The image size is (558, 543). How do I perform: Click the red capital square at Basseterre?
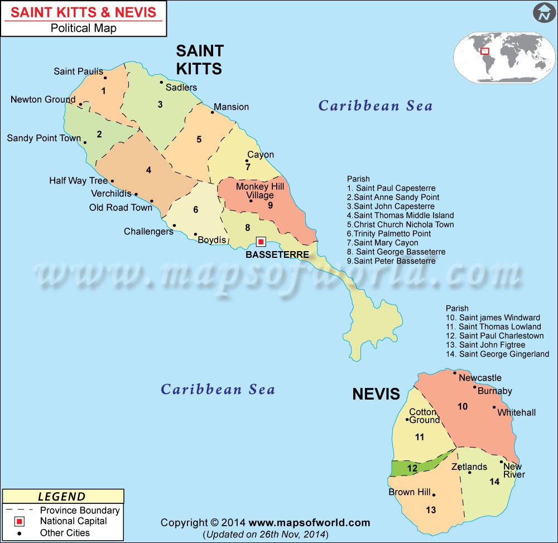(261, 242)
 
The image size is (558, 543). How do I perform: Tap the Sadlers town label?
(181, 88)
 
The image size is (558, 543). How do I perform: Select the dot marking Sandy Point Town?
(85, 142)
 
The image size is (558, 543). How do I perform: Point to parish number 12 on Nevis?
(412, 469)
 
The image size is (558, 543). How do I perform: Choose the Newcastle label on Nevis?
(480, 378)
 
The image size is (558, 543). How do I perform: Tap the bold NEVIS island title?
(376, 394)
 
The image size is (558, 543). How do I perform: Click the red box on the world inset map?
(484, 51)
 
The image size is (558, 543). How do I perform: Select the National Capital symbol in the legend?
(19, 522)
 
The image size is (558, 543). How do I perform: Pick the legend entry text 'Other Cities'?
(65, 533)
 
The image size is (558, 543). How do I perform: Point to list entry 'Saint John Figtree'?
(492, 345)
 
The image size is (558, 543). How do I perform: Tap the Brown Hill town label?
(410, 492)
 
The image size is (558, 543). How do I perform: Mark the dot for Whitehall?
(494, 407)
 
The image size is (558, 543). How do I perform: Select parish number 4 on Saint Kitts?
(148, 170)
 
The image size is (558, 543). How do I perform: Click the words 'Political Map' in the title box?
(84, 28)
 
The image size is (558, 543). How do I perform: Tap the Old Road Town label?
(121, 208)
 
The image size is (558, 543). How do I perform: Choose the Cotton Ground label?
(424, 416)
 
